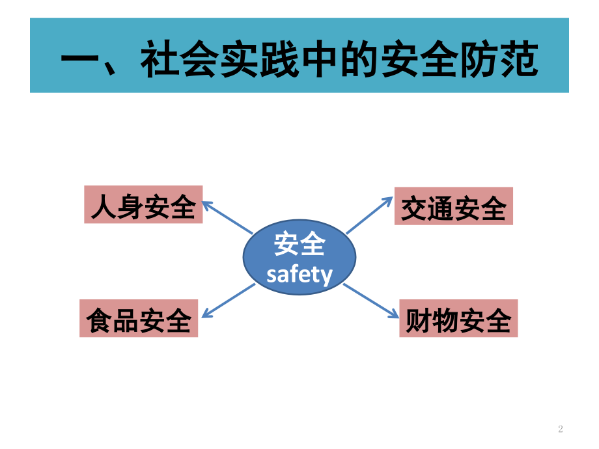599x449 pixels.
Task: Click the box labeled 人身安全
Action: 143,204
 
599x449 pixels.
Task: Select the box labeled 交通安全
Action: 453,206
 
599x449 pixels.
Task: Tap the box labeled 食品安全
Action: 139,318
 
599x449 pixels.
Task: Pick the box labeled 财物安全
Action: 458,318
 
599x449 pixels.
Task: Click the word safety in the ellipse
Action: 299,275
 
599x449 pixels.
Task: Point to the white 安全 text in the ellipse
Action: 299,243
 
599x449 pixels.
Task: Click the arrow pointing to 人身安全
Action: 227,217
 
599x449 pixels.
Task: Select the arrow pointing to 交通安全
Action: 369,215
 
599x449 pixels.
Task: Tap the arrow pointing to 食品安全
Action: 228,301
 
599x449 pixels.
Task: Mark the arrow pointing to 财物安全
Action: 371,301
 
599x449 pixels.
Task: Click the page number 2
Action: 561,429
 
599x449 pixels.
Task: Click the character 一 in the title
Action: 79,60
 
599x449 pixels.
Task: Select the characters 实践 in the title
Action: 259,59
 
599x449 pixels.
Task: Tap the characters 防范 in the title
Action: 499,59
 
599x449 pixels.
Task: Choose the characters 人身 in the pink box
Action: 117,206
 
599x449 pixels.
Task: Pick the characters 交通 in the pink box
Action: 427,208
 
